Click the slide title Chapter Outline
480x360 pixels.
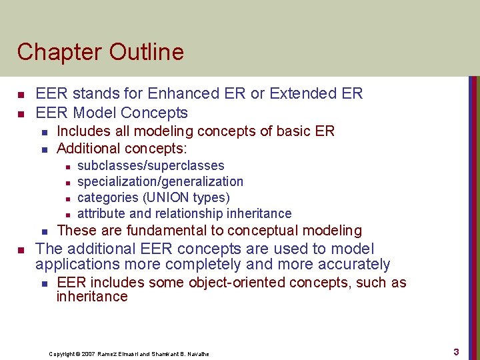100,51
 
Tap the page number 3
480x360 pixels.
456,351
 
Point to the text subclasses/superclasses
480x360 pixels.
151,165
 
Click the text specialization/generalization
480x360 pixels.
160,181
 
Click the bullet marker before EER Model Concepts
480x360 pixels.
21,113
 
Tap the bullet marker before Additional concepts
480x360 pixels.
43,149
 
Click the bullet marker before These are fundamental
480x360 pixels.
43,231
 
